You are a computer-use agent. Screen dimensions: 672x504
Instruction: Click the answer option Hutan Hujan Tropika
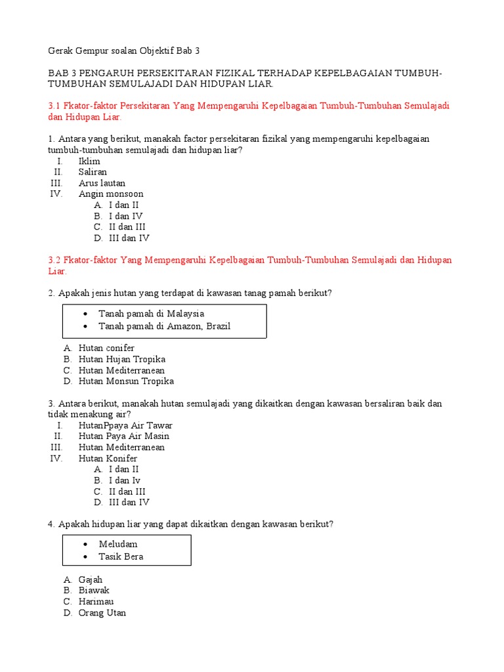(x=121, y=359)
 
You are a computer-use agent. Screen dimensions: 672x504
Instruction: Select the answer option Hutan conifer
(x=106, y=348)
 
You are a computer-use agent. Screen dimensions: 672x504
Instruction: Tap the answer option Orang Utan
(x=102, y=613)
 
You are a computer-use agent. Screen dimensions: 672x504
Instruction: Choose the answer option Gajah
(x=91, y=579)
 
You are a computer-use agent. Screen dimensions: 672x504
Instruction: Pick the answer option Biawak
(x=94, y=591)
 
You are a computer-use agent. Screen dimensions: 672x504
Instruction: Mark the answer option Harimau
(x=96, y=602)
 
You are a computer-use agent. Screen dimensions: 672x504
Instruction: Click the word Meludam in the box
(x=118, y=544)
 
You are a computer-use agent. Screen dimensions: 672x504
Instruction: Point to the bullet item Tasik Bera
(x=121, y=556)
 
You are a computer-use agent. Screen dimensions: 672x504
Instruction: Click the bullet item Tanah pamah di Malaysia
(x=151, y=314)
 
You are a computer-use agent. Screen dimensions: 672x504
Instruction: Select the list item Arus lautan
(x=102, y=183)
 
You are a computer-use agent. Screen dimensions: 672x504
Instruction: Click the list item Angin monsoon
(x=111, y=194)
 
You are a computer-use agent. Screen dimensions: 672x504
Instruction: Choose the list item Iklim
(x=89, y=161)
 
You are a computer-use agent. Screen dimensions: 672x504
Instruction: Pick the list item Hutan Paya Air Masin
(x=123, y=436)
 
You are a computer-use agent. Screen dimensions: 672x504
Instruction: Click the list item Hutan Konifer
(x=108, y=459)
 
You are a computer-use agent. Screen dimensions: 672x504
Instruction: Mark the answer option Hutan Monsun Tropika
(x=126, y=381)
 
